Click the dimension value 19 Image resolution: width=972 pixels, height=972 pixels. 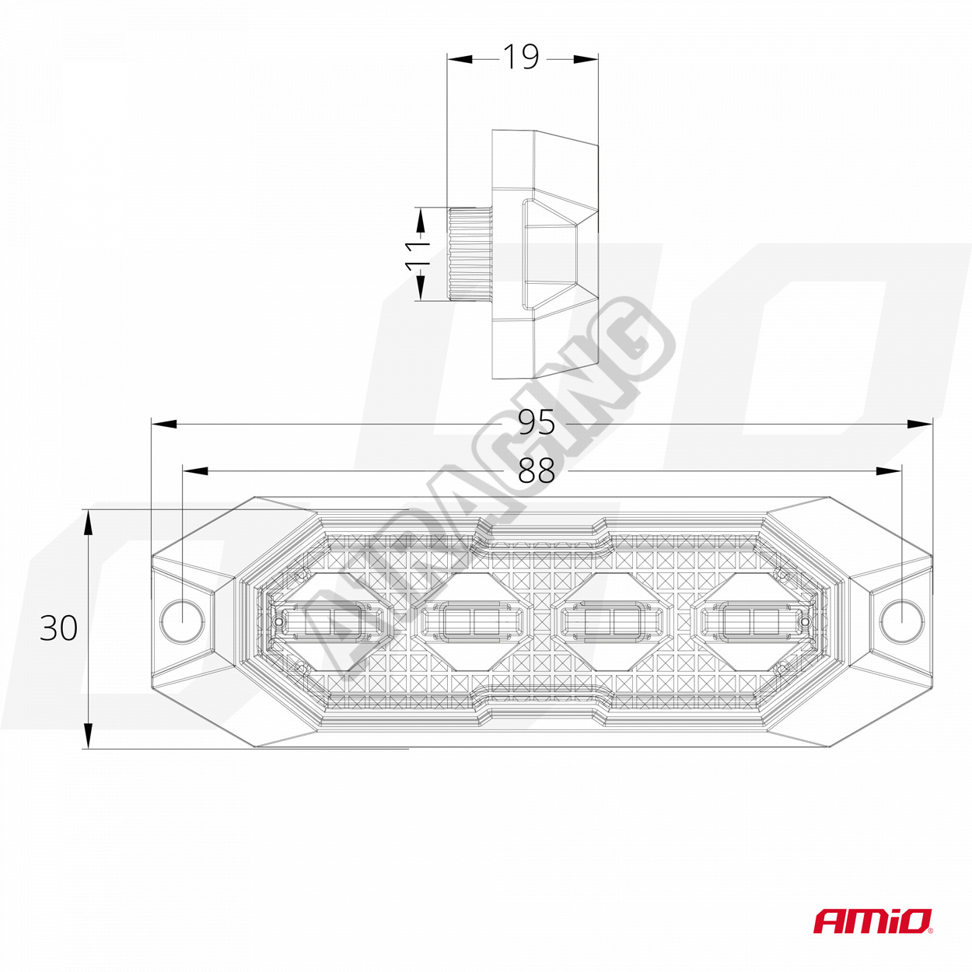point(521,57)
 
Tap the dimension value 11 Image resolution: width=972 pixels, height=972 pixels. point(418,254)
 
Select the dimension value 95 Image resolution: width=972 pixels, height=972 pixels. point(537,422)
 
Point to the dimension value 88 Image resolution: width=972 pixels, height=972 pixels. point(537,470)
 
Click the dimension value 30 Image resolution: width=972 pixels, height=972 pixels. point(59,628)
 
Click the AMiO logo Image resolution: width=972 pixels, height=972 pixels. point(872,921)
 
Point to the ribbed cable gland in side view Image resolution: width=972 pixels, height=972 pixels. point(468,254)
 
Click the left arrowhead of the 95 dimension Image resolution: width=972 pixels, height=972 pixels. point(162,423)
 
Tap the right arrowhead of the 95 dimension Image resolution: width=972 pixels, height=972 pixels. point(921,423)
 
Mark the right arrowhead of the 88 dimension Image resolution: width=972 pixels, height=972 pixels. point(890,471)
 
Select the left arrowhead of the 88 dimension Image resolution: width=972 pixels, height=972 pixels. point(194,471)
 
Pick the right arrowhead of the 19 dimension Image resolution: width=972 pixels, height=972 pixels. point(588,58)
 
